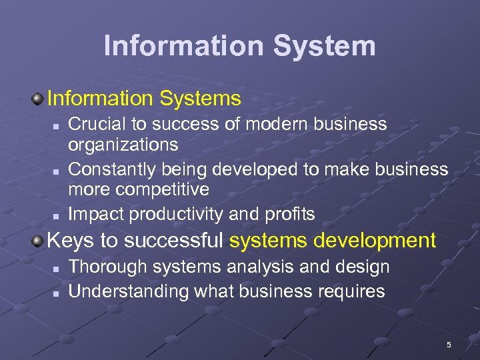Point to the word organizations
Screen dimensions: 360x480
(123, 145)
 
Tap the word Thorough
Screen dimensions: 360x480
(109, 267)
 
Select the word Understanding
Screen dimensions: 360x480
(129, 291)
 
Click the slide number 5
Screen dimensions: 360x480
(449, 345)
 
